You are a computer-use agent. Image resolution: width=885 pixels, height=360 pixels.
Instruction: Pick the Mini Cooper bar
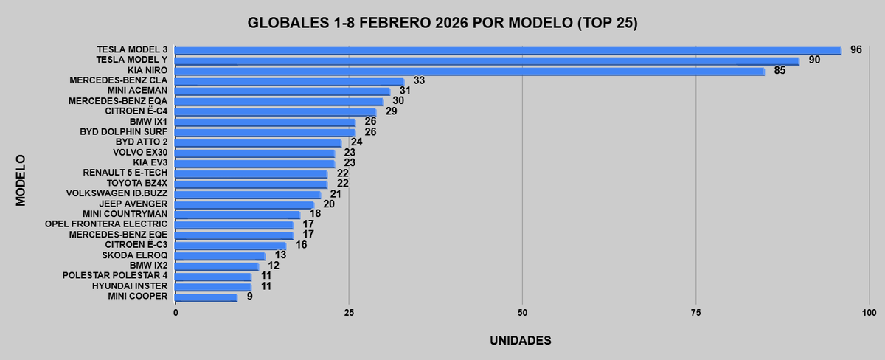[206, 297]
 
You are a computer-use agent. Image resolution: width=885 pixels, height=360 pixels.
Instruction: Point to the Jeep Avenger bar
[244, 204]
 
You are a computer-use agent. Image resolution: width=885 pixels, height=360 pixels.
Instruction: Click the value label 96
[855, 49]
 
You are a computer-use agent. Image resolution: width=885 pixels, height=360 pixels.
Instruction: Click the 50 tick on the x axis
[522, 313]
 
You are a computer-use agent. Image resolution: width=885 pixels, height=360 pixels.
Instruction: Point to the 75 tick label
[695, 313]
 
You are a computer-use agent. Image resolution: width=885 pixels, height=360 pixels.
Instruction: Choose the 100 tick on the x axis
[868, 313]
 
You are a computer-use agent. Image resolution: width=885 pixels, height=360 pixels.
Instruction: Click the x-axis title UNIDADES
[521, 341]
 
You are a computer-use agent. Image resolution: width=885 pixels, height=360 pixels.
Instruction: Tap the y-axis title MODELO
[21, 179]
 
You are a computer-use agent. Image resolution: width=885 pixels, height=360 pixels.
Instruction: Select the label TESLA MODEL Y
[132, 60]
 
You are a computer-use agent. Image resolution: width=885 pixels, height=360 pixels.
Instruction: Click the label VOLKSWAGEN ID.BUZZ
[117, 193]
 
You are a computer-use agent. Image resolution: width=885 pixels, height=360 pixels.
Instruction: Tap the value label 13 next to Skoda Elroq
[280, 255]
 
